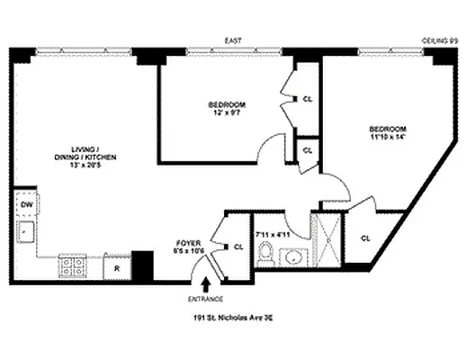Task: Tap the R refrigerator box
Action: pyautogui.click(x=116, y=266)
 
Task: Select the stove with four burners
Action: pyautogui.click(x=72, y=265)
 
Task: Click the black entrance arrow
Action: pyautogui.click(x=205, y=284)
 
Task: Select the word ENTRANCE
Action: pyautogui.click(x=206, y=299)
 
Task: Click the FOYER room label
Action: pyautogui.click(x=188, y=243)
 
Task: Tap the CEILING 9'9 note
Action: pyautogui.click(x=441, y=40)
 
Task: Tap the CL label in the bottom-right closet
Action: pyautogui.click(x=366, y=238)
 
